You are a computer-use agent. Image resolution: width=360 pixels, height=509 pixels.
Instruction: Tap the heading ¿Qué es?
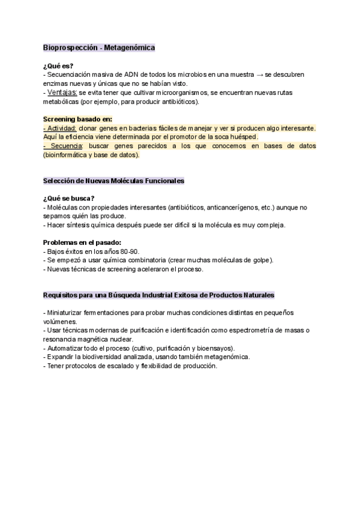58,65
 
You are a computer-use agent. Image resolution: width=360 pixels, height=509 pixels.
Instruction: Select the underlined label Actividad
60,128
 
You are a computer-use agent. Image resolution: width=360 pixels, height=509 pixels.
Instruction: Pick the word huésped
244,137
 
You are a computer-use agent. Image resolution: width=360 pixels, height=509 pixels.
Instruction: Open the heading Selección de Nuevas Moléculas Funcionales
113,181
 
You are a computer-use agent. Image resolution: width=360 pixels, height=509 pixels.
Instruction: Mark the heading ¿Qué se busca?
68,199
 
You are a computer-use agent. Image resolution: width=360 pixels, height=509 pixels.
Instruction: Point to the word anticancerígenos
235,208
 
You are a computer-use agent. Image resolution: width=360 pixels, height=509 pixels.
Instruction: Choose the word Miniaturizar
68,313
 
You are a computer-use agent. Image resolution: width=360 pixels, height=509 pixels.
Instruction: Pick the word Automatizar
67,348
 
